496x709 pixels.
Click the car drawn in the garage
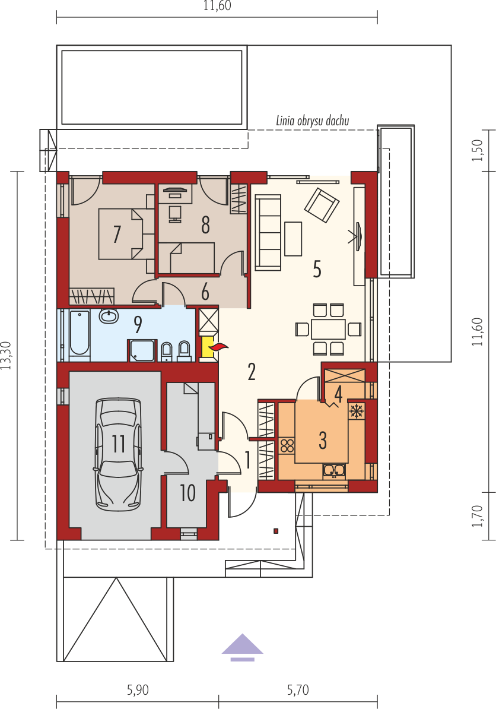[x=118, y=454]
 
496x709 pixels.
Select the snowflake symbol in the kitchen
[x=357, y=411]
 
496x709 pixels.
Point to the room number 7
[x=117, y=234]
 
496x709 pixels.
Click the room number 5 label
[x=317, y=269]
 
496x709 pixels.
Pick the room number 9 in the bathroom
[x=138, y=325]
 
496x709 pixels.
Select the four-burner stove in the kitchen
[x=287, y=446]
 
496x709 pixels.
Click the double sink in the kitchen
[x=334, y=471]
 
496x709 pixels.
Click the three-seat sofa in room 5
[x=268, y=232]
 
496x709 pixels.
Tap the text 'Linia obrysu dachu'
[x=313, y=121]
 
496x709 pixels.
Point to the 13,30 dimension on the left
[x=6, y=356]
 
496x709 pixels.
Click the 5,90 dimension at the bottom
[x=138, y=690]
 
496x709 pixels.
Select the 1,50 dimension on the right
[x=478, y=151]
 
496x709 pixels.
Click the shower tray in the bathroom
[x=142, y=350]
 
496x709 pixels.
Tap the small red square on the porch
[x=276, y=531]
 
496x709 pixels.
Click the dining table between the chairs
[x=329, y=329]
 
